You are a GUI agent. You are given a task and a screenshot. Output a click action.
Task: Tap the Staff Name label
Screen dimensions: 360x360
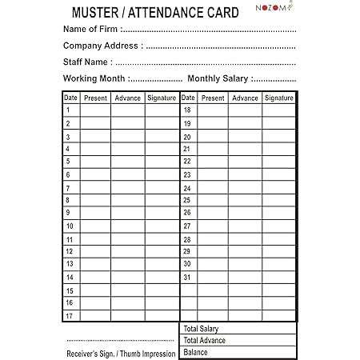[x=87, y=62]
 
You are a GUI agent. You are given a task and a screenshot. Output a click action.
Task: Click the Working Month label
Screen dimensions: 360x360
[x=94, y=78]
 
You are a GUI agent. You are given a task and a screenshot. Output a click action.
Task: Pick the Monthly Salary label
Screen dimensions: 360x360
[x=218, y=78]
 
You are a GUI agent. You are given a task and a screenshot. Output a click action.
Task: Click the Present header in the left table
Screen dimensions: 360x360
[x=95, y=98]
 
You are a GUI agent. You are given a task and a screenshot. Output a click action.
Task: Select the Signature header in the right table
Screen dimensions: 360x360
[x=278, y=98]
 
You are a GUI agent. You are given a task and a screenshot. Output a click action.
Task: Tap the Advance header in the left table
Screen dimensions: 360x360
[x=128, y=98]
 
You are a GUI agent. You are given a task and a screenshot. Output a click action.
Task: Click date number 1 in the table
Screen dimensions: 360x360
[x=69, y=110]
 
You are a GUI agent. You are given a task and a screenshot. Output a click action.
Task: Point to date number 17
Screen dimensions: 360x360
[x=70, y=315]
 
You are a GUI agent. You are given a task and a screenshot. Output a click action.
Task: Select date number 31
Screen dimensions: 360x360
[x=187, y=277]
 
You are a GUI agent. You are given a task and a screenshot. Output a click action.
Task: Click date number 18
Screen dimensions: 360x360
[x=187, y=110]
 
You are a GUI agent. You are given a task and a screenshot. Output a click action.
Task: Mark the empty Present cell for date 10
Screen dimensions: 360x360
[x=95, y=226]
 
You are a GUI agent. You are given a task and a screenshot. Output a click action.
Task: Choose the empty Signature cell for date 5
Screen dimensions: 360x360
[x=161, y=162]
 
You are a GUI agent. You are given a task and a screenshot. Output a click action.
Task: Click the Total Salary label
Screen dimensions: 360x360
[x=201, y=329]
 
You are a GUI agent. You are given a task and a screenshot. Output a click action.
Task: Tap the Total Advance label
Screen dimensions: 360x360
[x=204, y=340]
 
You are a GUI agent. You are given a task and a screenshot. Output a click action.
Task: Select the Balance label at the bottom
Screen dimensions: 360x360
[x=196, y=352]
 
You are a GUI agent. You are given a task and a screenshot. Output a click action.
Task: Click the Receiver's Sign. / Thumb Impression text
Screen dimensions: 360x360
[x=121, y=354]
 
